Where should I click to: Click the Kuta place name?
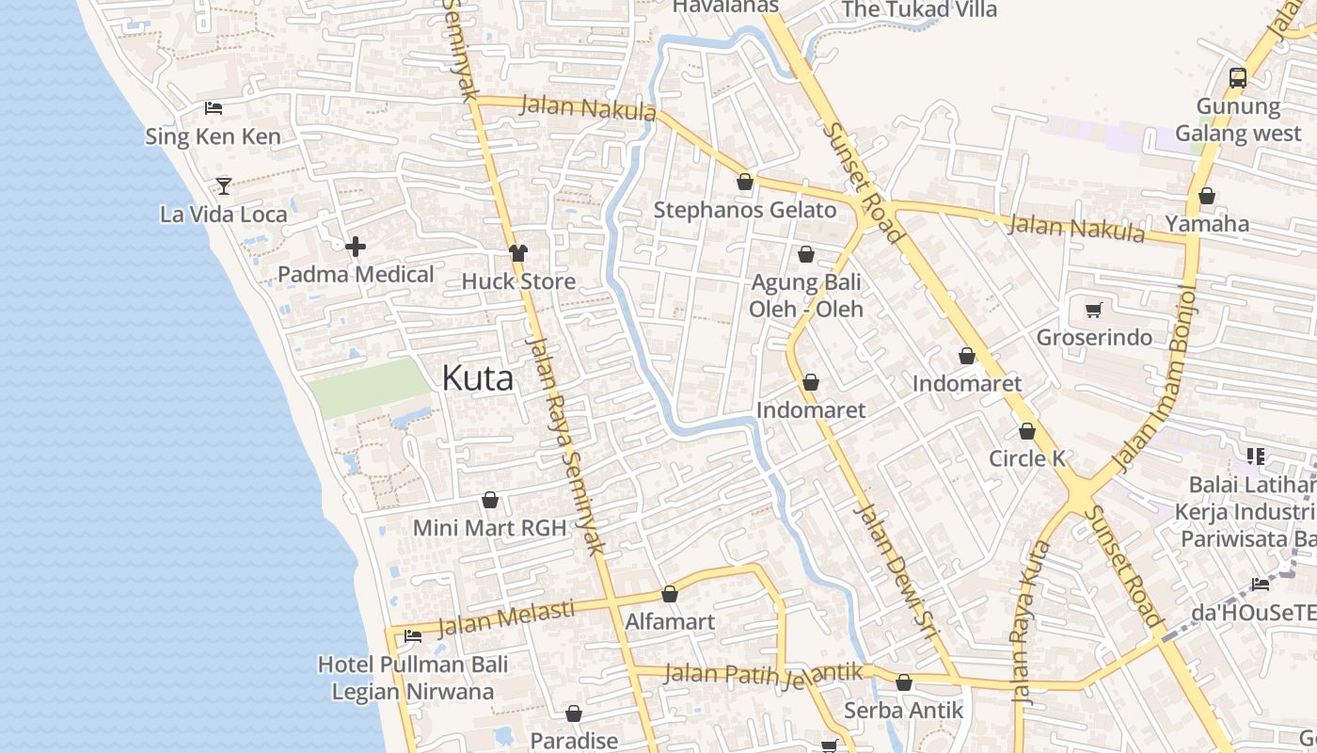pos(478,378)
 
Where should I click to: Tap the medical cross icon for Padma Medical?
pos(356,248)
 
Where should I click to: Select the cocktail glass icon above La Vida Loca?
pos(224,185)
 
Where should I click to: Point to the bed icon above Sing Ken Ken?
pos(214,108)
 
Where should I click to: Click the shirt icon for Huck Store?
pos(517,252)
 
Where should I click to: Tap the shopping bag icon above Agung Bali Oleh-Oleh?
pos(806,254)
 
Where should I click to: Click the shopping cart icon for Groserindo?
pos(1093,310)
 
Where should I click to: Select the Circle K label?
pos(1027,458)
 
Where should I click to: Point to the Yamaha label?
pos(1207,224)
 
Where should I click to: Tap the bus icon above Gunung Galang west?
pos(1238,78)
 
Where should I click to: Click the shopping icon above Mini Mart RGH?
pos(489,500)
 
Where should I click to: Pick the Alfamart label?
pos(670,622)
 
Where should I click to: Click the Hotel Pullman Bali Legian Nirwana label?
pos(413,678)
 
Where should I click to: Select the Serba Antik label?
pos(904,710)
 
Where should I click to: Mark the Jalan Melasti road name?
pos(506,617)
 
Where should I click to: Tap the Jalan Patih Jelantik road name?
pos(764,674)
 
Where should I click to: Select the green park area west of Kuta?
pos(370,387)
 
